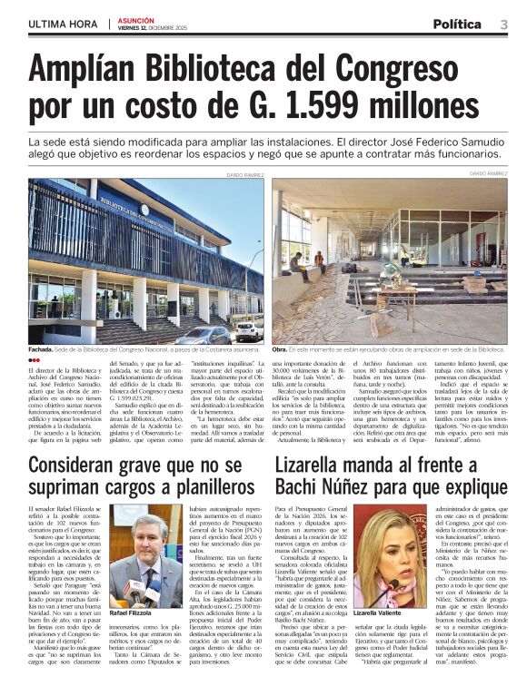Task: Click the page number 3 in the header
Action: (503, 24)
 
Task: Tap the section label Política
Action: (457, 24)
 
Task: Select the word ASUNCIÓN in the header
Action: (135, 19)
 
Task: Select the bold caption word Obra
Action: (280, 349)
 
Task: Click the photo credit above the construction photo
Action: (488, 173)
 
